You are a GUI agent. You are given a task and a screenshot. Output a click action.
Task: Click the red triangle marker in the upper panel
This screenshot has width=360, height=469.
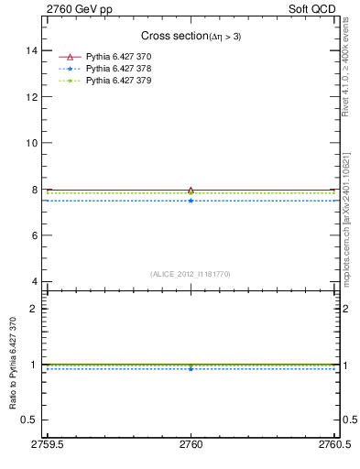pyautogui.click(x=191, y=191)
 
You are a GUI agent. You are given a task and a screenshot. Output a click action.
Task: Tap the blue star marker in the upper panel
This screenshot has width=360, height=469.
pyautogui.click(x=191, y=200)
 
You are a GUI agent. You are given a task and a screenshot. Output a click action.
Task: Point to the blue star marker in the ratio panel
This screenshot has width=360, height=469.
pyautogui.click(x=191, y=368)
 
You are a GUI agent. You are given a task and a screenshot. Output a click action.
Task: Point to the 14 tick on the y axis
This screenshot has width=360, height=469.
pyautogui.click(x=34, y=50)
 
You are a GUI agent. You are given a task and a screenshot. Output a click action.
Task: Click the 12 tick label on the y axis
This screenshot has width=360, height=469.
pyautogui.click(x=34, y=96)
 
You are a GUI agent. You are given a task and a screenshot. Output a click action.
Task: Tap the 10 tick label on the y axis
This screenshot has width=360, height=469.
pyautogui.click(x=34, y=143)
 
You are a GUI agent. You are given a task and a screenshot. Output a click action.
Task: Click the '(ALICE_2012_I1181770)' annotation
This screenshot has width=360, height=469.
pyautogui.click(x=191, y=273)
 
